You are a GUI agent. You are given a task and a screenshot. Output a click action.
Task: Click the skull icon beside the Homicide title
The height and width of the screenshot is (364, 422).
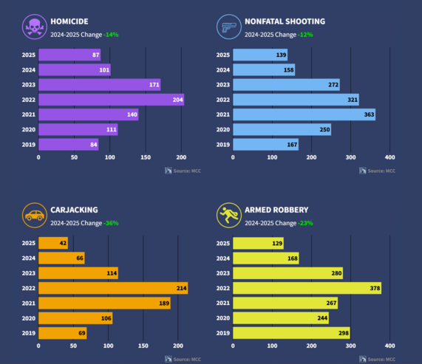(33, 27)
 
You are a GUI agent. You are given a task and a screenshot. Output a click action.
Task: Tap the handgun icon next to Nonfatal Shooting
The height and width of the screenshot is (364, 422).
(228, 27)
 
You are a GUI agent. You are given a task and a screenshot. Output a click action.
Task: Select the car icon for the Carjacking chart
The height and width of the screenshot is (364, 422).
(33, 216)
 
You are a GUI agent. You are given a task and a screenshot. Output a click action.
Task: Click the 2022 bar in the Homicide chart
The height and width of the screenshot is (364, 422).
(111, 100)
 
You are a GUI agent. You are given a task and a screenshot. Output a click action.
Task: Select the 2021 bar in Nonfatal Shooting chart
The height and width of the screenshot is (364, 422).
(304, 114)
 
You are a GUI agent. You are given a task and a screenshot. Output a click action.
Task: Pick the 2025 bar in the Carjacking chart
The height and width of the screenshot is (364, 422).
(52, 243)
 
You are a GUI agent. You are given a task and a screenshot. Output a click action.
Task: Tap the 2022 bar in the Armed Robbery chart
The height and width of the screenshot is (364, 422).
(307, 288)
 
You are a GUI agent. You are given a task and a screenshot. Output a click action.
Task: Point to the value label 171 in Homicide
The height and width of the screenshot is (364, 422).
(154, 85)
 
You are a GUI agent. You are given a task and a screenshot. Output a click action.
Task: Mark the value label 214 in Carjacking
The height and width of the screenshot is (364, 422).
(181, 288)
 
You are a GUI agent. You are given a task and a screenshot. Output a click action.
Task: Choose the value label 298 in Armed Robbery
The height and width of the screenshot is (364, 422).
(343, 333)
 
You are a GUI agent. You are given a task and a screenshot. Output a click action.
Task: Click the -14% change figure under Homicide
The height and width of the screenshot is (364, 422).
(111, 34)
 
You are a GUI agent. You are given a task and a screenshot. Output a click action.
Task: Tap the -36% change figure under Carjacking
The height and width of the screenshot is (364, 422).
(111, 222)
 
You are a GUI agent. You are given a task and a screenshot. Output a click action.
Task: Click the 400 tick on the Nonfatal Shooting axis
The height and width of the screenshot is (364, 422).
(390, 157)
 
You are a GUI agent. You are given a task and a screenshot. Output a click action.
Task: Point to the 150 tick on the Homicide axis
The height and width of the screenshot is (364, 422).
(146, 157)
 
